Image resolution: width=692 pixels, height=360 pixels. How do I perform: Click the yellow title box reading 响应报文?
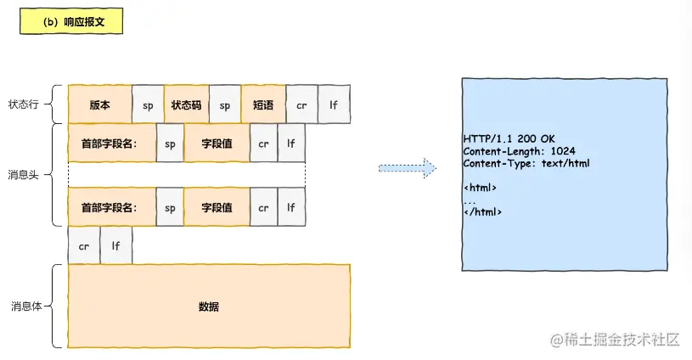(71, 22)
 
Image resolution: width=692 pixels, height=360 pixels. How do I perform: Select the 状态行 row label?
(23, 105)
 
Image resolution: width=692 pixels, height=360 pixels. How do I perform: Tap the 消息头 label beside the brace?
(23, 175)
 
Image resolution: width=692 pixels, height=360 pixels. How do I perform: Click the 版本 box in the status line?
(99, 105)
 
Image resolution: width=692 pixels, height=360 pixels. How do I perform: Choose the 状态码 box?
(186, 105)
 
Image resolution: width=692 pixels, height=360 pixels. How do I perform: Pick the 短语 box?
(263, 105)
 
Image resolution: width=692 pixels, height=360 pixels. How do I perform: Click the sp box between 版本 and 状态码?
(148, 105)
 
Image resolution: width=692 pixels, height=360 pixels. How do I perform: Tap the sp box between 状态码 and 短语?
(225, 105)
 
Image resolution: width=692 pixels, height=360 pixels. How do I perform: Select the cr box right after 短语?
(302, 105)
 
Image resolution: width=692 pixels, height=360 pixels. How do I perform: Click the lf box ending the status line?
(334, 105)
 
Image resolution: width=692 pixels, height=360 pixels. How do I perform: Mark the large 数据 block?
(209, 307)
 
